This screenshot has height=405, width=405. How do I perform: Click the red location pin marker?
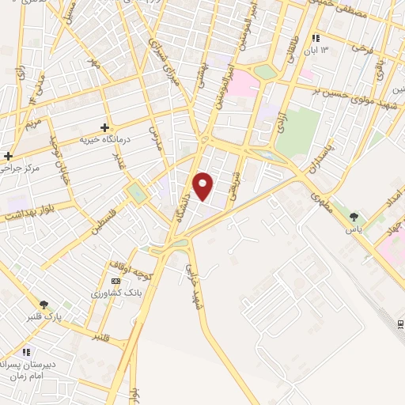[x=203, y=186]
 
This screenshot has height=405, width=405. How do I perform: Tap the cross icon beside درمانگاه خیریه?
[x=105, y=127]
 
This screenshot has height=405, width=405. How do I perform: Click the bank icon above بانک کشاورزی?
[x=116, y=282]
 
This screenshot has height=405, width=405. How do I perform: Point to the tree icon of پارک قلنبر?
[x=44, y=304]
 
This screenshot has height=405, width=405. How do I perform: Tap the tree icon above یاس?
[x=354, y=216]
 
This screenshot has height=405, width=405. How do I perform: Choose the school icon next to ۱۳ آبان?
[x=316, y=38]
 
